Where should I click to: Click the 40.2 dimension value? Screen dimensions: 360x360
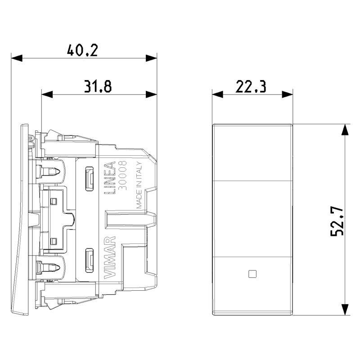[x=82, y=50]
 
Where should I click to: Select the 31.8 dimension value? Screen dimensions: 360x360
[x=98, y=86]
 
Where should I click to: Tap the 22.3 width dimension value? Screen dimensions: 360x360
[x=251, y=86]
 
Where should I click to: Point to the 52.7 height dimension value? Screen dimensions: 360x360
[x=337, y=221]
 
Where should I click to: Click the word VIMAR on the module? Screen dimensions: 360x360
[x=110, y=257]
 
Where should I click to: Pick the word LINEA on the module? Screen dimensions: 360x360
[x=110, y=178]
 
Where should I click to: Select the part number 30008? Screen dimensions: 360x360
[x=122, y=175]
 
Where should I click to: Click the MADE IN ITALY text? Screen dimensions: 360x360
[x=139, y=185]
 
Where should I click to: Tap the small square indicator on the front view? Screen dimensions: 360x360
[x=252, y=274]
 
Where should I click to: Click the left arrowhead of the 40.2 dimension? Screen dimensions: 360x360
[x=17, y=58]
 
